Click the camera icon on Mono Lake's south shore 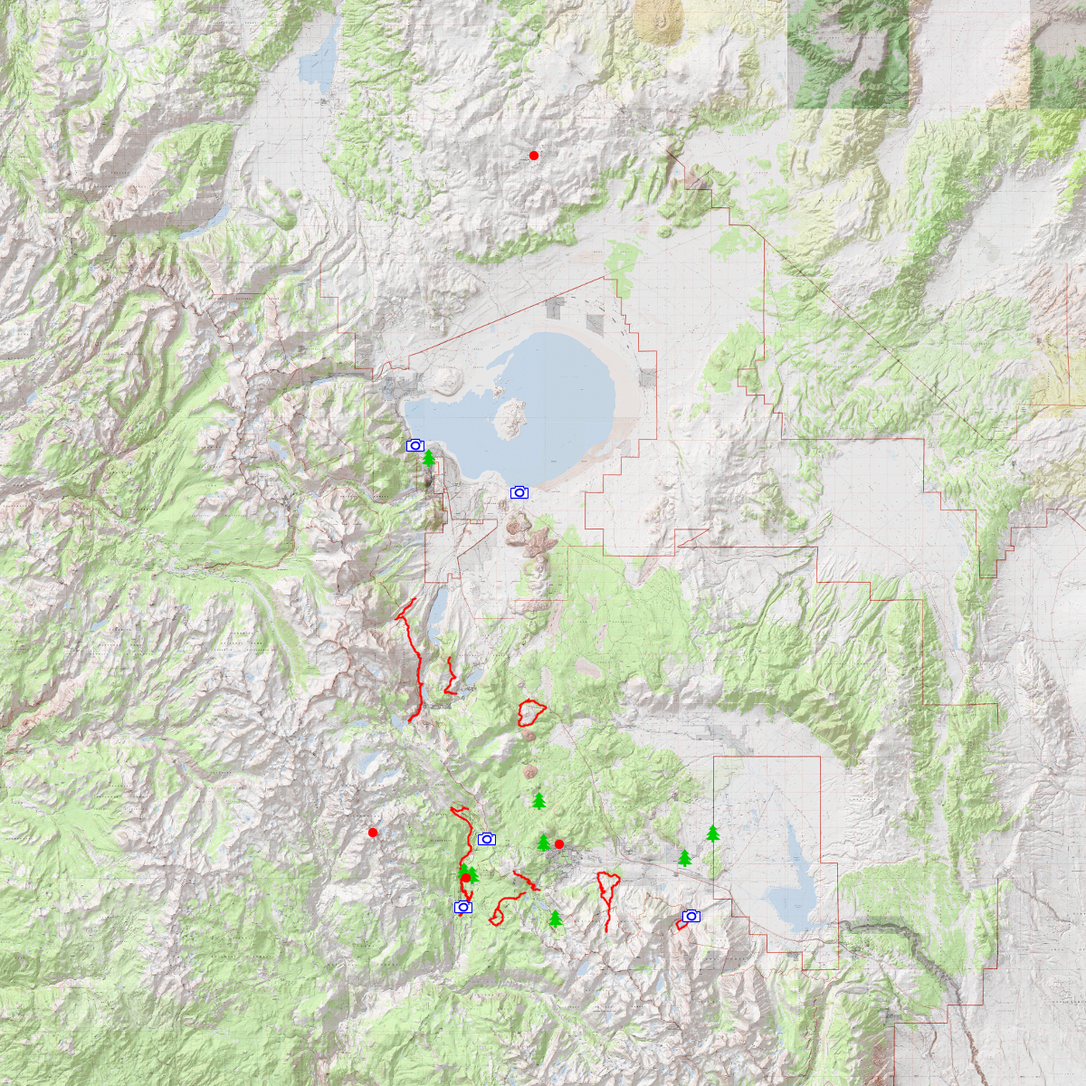(519, 492)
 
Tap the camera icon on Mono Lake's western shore (415, 445)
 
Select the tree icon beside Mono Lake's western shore (429, 459)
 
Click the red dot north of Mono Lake (534, 156)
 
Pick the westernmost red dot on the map (373, 833)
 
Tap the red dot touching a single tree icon (559, 844)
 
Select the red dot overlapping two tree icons (466, 877)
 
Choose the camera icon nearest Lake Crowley (691, 916)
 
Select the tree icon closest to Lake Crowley (713, 834)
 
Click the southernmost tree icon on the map (555, 919)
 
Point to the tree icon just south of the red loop (539, 801)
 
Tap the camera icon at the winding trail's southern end (463, 907)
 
